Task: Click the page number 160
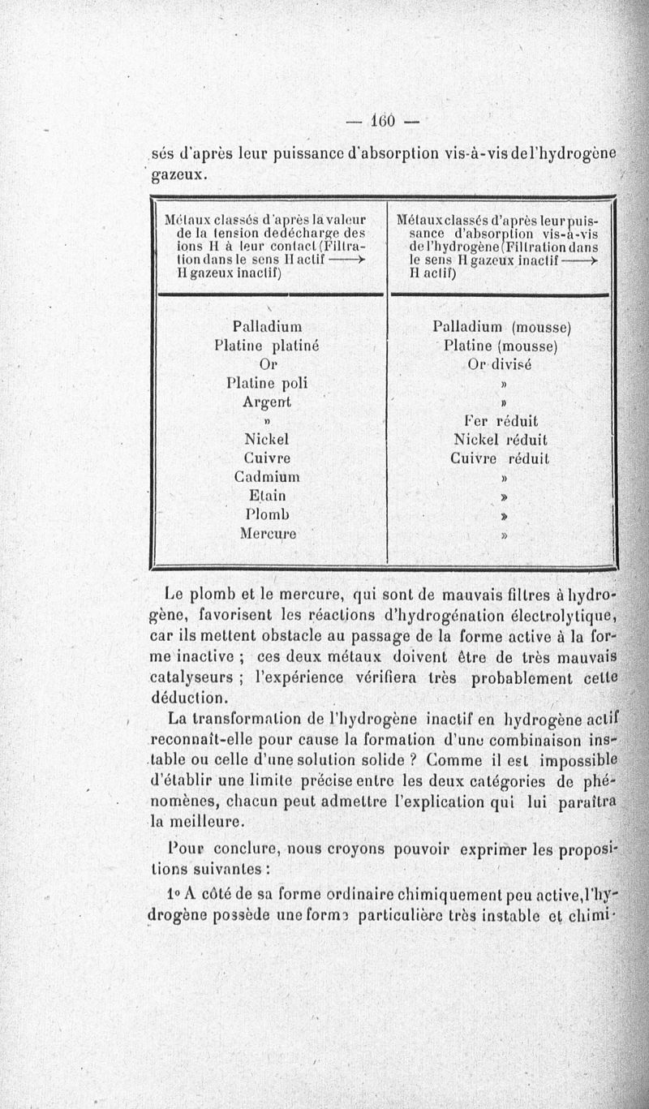click(x=380, y=121)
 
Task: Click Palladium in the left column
click(x=267, y=327)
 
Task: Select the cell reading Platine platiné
click(x=266, y=346)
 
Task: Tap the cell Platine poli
click(x=266, y=383)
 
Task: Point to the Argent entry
click(x=266, y=402)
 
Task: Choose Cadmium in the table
click(x=266, y=476)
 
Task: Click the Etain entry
click(x=267, y=495)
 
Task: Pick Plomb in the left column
click(x=267, y=514)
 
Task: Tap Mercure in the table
click(x=268, y=534)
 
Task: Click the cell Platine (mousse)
click(x=502, y=346)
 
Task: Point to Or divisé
click(x=500, y=365)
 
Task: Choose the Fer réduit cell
click(x=501, y=421)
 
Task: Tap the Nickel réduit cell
click(x=501, y=440)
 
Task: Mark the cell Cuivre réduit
click(x=501, y=458)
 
